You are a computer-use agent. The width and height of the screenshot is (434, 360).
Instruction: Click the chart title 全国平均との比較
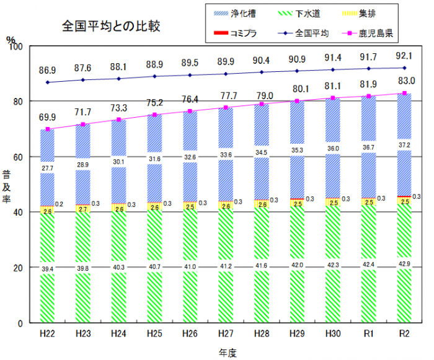pyautogui.click(x=112, y=27)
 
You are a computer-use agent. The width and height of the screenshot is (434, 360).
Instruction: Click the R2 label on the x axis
pyautogui.click(x=404, y=334)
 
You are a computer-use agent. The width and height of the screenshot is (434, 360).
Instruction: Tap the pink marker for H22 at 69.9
pyautogui.click(x=48, y=130)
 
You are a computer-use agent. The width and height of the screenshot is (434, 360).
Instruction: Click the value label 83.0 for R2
pyautogui.click(x=404, y=81)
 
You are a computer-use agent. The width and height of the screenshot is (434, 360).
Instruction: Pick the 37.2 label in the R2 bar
pyautogui.click(x=404, y=144)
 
